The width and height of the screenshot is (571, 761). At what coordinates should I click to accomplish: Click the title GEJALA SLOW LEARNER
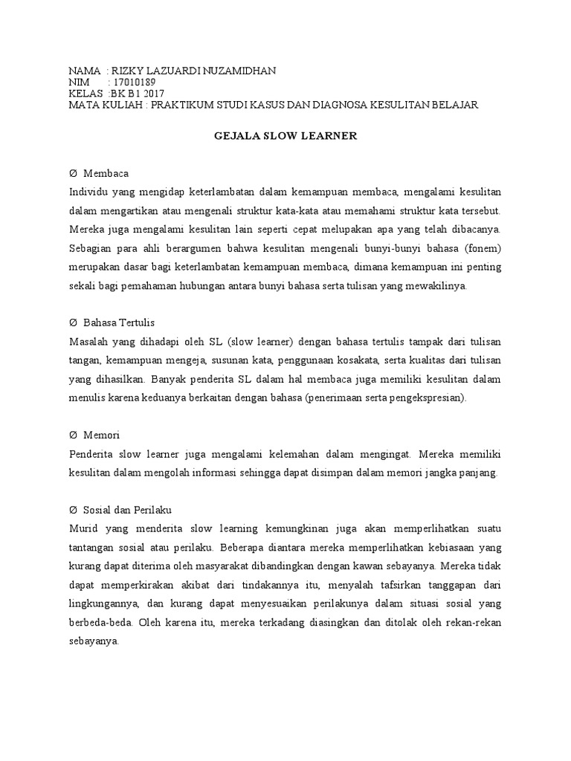285,137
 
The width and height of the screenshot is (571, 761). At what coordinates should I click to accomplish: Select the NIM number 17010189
132,82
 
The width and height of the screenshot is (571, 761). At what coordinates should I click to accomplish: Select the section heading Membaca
106,173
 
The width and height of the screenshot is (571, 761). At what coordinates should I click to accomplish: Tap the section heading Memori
102,434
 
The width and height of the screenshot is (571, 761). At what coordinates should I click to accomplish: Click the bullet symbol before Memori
73,434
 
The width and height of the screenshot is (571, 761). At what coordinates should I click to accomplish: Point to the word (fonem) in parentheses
480,247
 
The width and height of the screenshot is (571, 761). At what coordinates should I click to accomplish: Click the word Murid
82,528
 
